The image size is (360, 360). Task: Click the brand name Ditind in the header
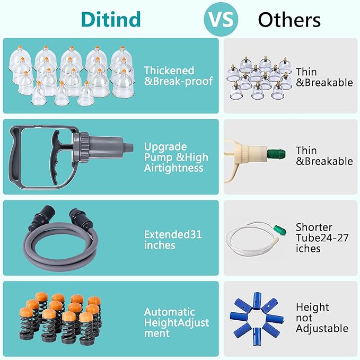(x=111, y=19)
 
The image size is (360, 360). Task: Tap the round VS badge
(x=221, y=19)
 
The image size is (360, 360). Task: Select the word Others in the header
(x=289, y=20)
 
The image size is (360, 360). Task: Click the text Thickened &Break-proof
(x=178, y=76)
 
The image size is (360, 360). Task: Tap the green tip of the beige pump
(x=277, y=153)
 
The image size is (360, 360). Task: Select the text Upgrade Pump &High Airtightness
(x=176, y=157)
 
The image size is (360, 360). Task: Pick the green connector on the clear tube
(x=280, y=230)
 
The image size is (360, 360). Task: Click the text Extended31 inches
(x=173, y=240)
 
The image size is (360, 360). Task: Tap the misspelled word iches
(x=308, y=249)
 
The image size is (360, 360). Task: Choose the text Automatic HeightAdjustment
(x=177, y=322)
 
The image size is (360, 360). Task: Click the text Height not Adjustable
(x=322, y=318)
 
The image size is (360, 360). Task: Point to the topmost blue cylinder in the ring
(x=257, y=301)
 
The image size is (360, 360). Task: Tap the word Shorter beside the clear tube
(x=314, y=227)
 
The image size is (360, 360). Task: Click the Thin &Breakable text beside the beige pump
(x=324, y=156)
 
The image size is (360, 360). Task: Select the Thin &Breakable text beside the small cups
(x=324, y=77)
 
